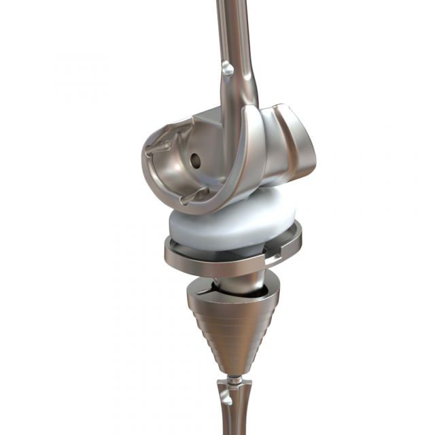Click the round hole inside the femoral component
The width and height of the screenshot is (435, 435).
(195, 160)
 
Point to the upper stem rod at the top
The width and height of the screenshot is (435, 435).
(231, 27)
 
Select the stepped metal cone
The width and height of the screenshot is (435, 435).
(231, 326)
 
